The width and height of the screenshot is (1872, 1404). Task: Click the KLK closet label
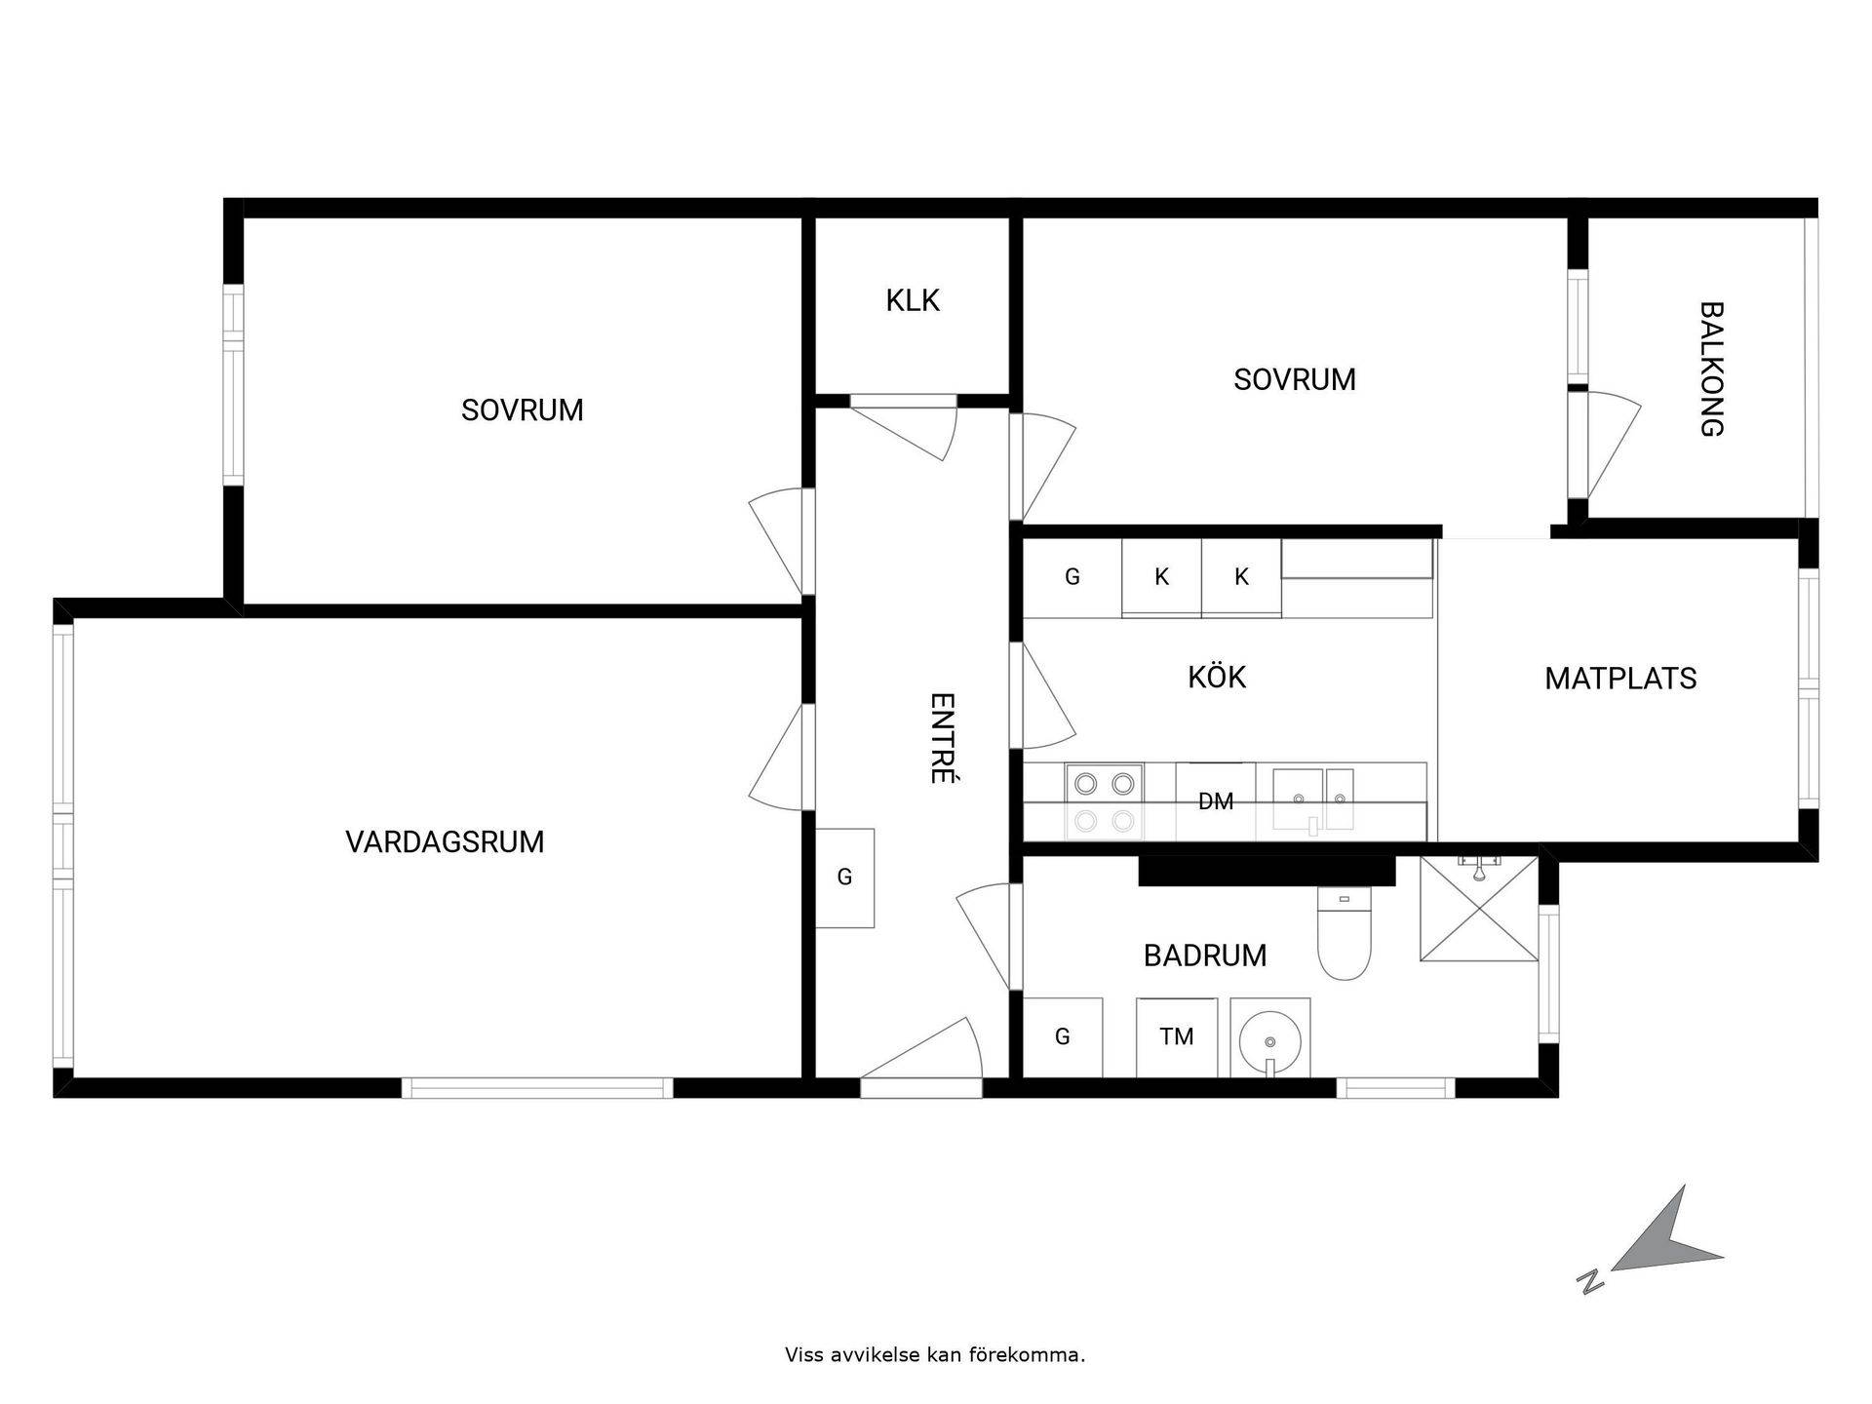913,300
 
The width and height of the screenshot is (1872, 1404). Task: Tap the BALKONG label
1712,369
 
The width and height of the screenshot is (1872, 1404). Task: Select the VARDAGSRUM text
445,841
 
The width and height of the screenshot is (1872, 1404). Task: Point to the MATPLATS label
1620,679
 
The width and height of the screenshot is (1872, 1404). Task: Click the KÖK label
1217,676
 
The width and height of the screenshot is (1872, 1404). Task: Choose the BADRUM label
1205,955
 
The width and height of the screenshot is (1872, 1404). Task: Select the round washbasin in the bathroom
1269,1039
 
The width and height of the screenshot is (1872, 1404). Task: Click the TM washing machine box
1177,1037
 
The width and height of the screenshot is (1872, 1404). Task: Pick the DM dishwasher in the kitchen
1216,800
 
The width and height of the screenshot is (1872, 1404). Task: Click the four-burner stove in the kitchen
1105,800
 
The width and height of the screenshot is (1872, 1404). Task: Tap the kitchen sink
1314,799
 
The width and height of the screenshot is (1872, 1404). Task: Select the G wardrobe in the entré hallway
844,877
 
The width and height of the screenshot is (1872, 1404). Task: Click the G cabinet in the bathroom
1063,1037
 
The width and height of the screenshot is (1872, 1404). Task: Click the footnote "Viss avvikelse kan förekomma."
935,1354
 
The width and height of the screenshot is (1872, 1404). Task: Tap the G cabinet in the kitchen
1072,577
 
